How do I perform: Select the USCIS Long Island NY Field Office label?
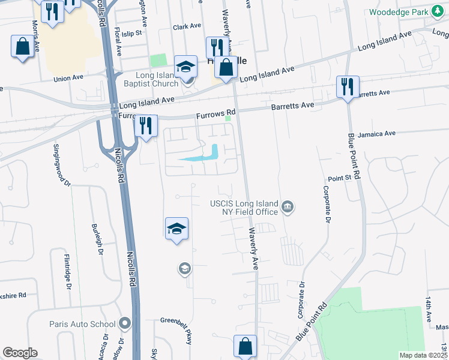pyautogui.click(x=244, y=207)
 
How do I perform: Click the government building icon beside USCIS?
pyautogui.click(x=288, y=208)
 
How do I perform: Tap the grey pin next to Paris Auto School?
pyautogui.click(x=125, y=324)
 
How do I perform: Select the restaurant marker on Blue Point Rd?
pyautogui.click(x=348, y=86)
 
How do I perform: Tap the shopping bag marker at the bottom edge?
pyautogui.click(x=245, y=346)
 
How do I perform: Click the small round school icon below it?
pyautogui.click(x=185, y=269)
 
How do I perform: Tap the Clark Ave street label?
pyautogui.click(x=187, y=26)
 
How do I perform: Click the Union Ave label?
pyautogui.click(x=68, y=78)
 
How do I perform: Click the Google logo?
pyautogui.click(x=20, y=353)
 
